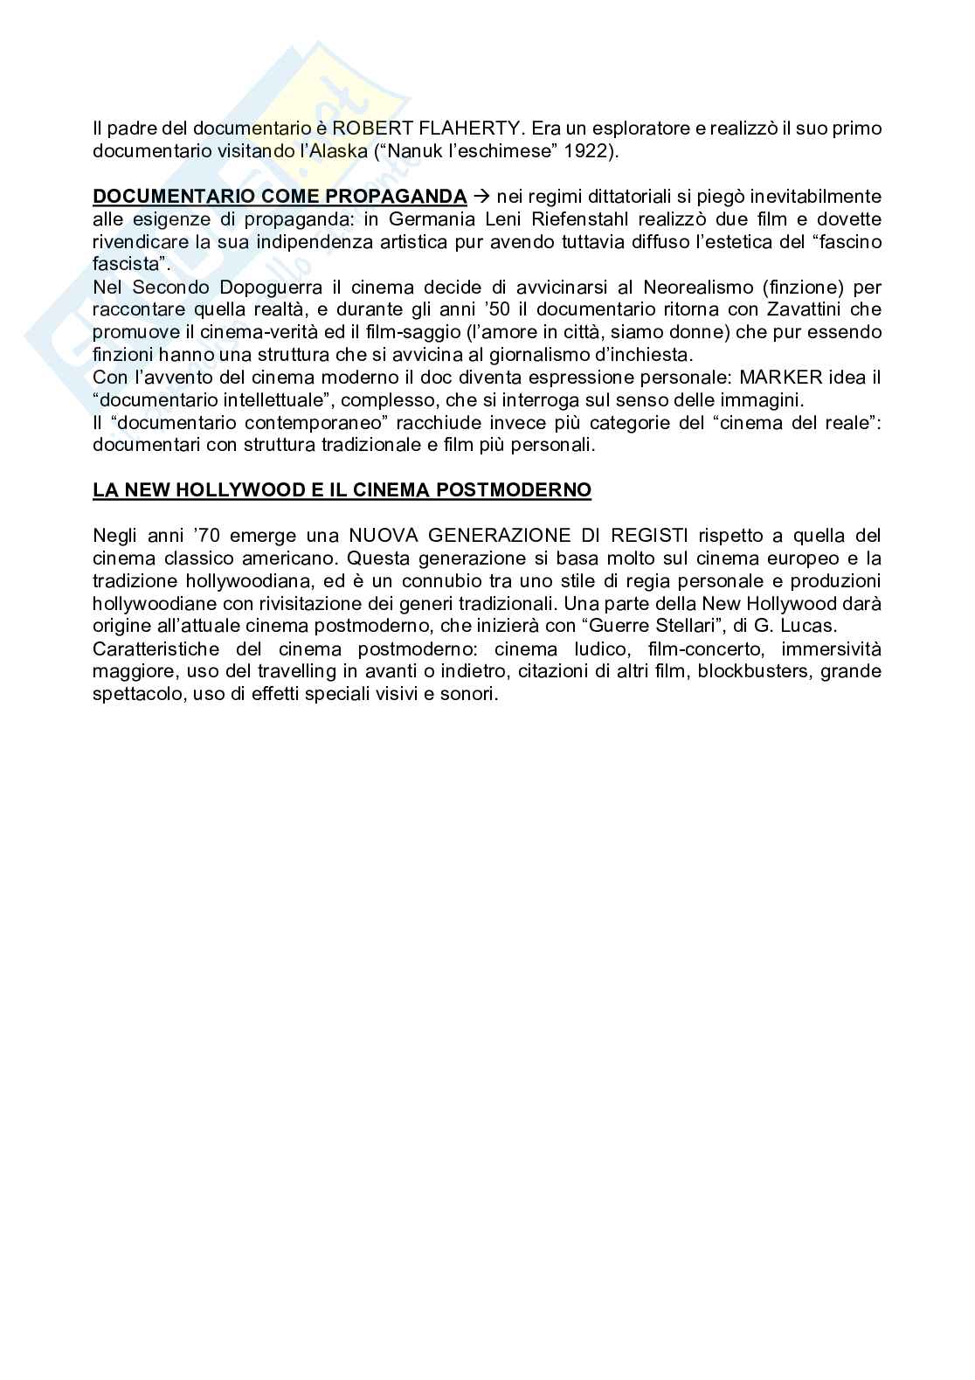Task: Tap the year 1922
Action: click(584, 151)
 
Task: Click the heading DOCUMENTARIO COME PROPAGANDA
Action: click(280, 196)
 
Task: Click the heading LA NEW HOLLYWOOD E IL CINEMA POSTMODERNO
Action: click(342, 490)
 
